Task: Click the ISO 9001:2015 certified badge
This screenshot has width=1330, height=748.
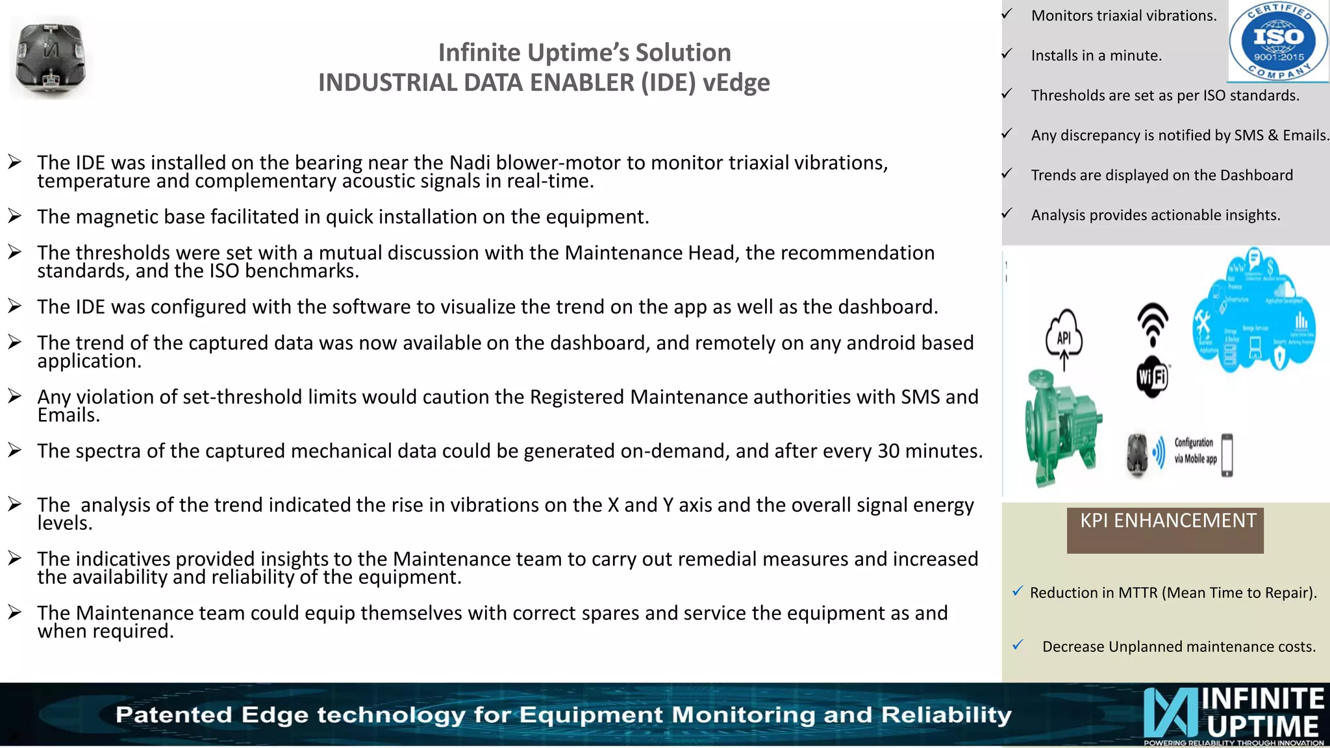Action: [x=1278, y=42]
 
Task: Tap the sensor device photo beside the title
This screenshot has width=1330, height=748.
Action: [x=51, y=58]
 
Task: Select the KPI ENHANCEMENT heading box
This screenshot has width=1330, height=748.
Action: [x=1165, y=530]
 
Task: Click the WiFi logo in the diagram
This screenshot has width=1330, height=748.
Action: [x=1152, y=377]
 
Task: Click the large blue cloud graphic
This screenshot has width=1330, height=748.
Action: [x=1253, y=312]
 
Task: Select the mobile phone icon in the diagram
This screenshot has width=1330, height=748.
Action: [x=1227, y=455]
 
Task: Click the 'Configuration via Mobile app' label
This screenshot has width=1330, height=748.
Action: [x=1194, y=451]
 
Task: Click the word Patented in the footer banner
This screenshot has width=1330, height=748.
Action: [x=173, y=715]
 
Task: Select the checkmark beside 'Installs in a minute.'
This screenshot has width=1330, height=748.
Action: [x=1007, y=54]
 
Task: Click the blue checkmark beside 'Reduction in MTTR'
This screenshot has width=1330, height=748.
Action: [x=1018, y=591]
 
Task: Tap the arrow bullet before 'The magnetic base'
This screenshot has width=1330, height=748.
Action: [x=15, y=216]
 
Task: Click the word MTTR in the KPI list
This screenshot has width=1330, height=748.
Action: [x=1138, y=593]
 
